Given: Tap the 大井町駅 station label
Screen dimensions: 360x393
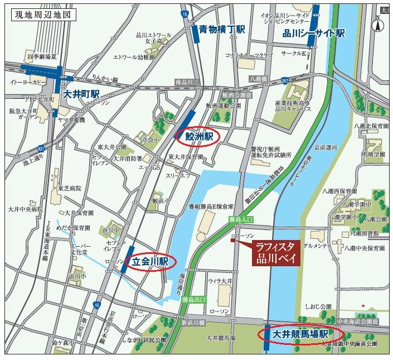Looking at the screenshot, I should [x=81, y=93].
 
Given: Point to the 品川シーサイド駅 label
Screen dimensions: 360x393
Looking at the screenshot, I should [x=313, y=33].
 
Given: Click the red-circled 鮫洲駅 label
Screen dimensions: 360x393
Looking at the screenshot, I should [x=198, y=136].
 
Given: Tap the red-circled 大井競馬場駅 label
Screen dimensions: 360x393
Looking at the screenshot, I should [x=299, y=334].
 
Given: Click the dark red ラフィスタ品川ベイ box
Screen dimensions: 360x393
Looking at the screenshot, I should [x=278, y=252].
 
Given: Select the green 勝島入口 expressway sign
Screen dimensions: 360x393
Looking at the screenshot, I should [x=241, y=220].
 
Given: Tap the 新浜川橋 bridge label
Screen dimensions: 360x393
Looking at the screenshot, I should [x=193, y=323].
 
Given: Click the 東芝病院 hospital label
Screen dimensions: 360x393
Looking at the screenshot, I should [x=70, y=189].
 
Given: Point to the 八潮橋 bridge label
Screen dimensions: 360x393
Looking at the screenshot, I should [x=259, y=79].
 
